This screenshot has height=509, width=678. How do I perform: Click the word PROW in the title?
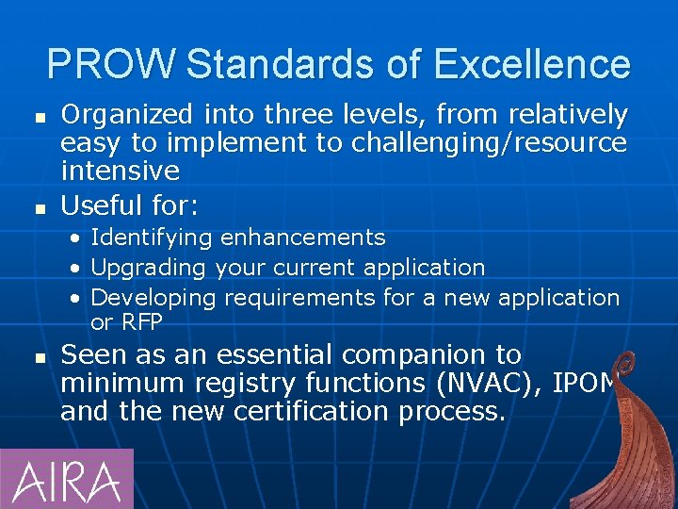[110, 65]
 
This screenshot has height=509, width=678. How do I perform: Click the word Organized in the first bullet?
[128, 115]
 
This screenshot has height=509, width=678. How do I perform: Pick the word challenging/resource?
[489, 143]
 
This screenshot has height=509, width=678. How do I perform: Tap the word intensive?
[120, 171]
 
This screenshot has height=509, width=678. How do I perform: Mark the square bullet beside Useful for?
[39, 205]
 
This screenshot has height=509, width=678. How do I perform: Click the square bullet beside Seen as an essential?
[39, 357]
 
